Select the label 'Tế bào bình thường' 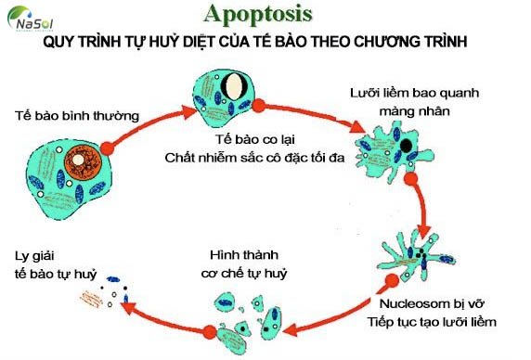coord(77,117)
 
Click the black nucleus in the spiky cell coord(405,146)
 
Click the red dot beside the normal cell coord(108,148)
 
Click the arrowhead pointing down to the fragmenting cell coord(425,232)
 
